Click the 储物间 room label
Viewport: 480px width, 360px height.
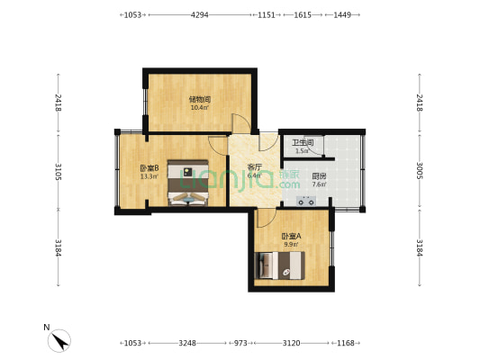point(199,99)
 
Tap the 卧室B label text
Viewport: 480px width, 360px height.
point(149,167)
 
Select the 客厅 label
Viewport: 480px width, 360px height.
point(255,166)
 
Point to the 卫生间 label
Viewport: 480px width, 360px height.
point(303,142)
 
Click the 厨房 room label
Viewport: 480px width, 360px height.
point(319,176)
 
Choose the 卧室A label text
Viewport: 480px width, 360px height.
point(291,235)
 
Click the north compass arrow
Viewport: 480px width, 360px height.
point(60,341)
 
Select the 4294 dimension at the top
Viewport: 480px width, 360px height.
point(200,15)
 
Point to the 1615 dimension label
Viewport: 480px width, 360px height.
point(303,15)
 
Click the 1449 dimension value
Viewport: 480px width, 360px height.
point(342,15)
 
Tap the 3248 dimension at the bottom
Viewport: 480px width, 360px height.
point(188,343)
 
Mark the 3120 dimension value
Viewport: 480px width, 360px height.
point(291,343)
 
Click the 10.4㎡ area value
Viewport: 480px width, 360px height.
point(199,108)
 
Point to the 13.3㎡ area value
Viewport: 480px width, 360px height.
point(149,176)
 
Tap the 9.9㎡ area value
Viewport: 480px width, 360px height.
point(291,244)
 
